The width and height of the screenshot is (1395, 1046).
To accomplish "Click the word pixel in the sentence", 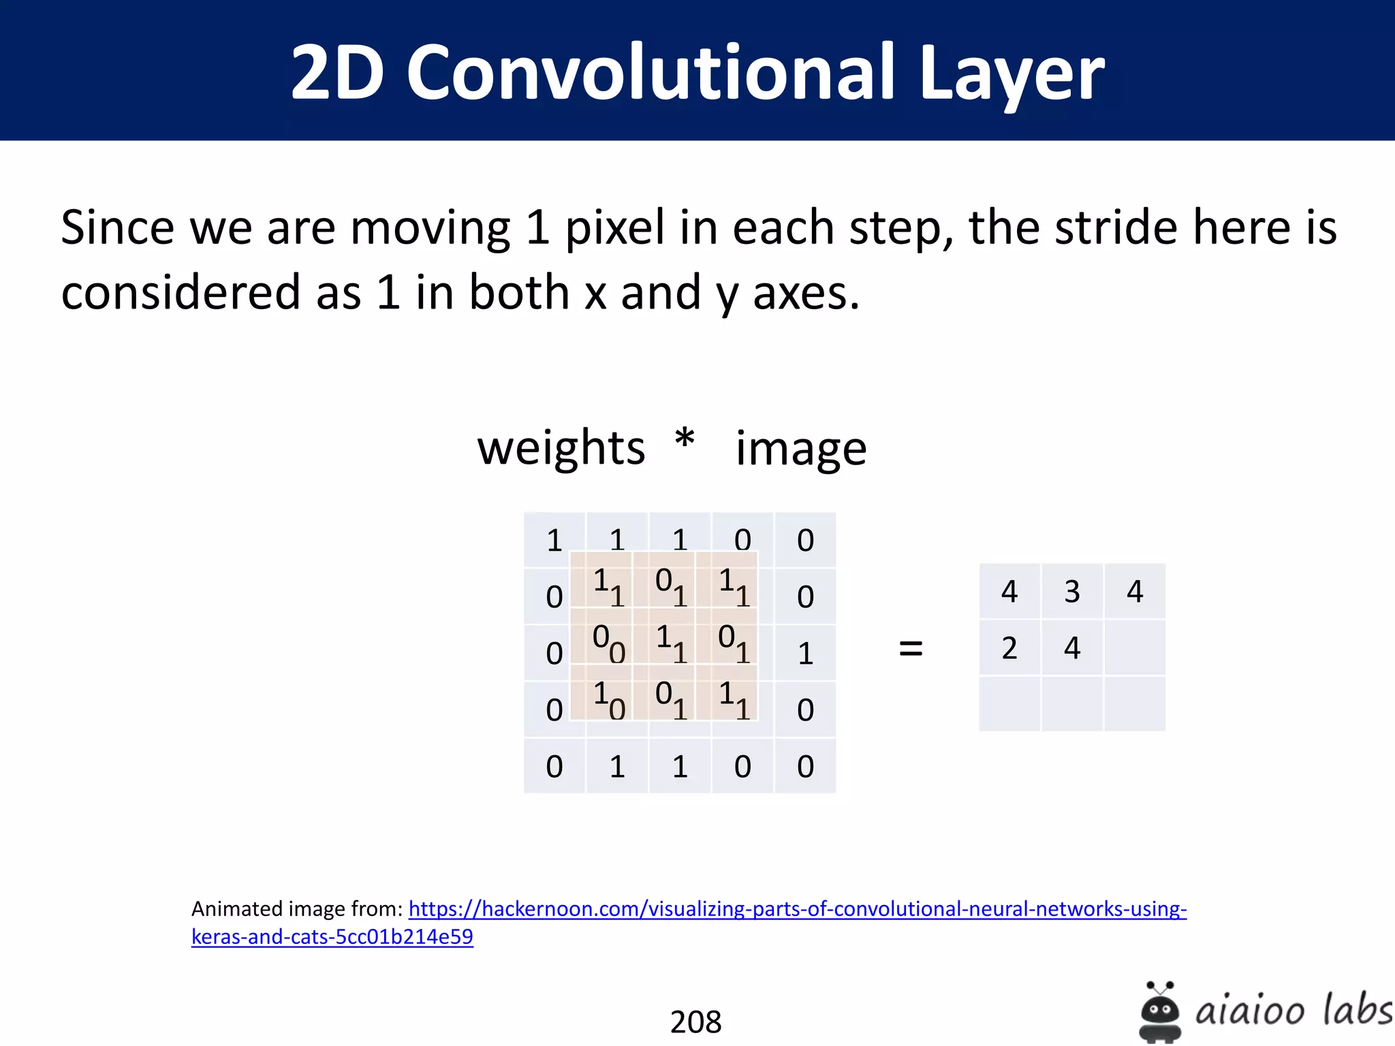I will click(x=614, y=229).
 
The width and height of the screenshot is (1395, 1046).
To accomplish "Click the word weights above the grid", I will click(x=561, y=448).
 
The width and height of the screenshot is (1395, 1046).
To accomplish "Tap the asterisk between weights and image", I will click(x=685, y=441).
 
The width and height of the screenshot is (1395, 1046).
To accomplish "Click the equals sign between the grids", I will click(x=911, y=648).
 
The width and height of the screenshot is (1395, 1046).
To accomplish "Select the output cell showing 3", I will click(x=1072, y=591).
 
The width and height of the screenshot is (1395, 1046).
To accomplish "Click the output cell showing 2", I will click(x=1009, y=648).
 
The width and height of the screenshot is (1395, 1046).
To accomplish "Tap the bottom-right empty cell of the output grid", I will click(x=1135, y=704).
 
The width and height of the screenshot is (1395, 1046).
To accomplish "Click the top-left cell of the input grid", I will click(x=554, y=540).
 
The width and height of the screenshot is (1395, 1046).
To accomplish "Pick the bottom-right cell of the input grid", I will click(x=805, y=767).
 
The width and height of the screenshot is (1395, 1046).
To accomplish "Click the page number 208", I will click(x=695, y=1021).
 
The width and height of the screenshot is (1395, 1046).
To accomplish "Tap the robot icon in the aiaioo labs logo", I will click(x=1159, y=1011).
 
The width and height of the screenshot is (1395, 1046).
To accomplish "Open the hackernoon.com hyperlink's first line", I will click(x=797, y=909).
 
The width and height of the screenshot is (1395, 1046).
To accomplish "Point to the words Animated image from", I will click(x=297, y=909).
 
